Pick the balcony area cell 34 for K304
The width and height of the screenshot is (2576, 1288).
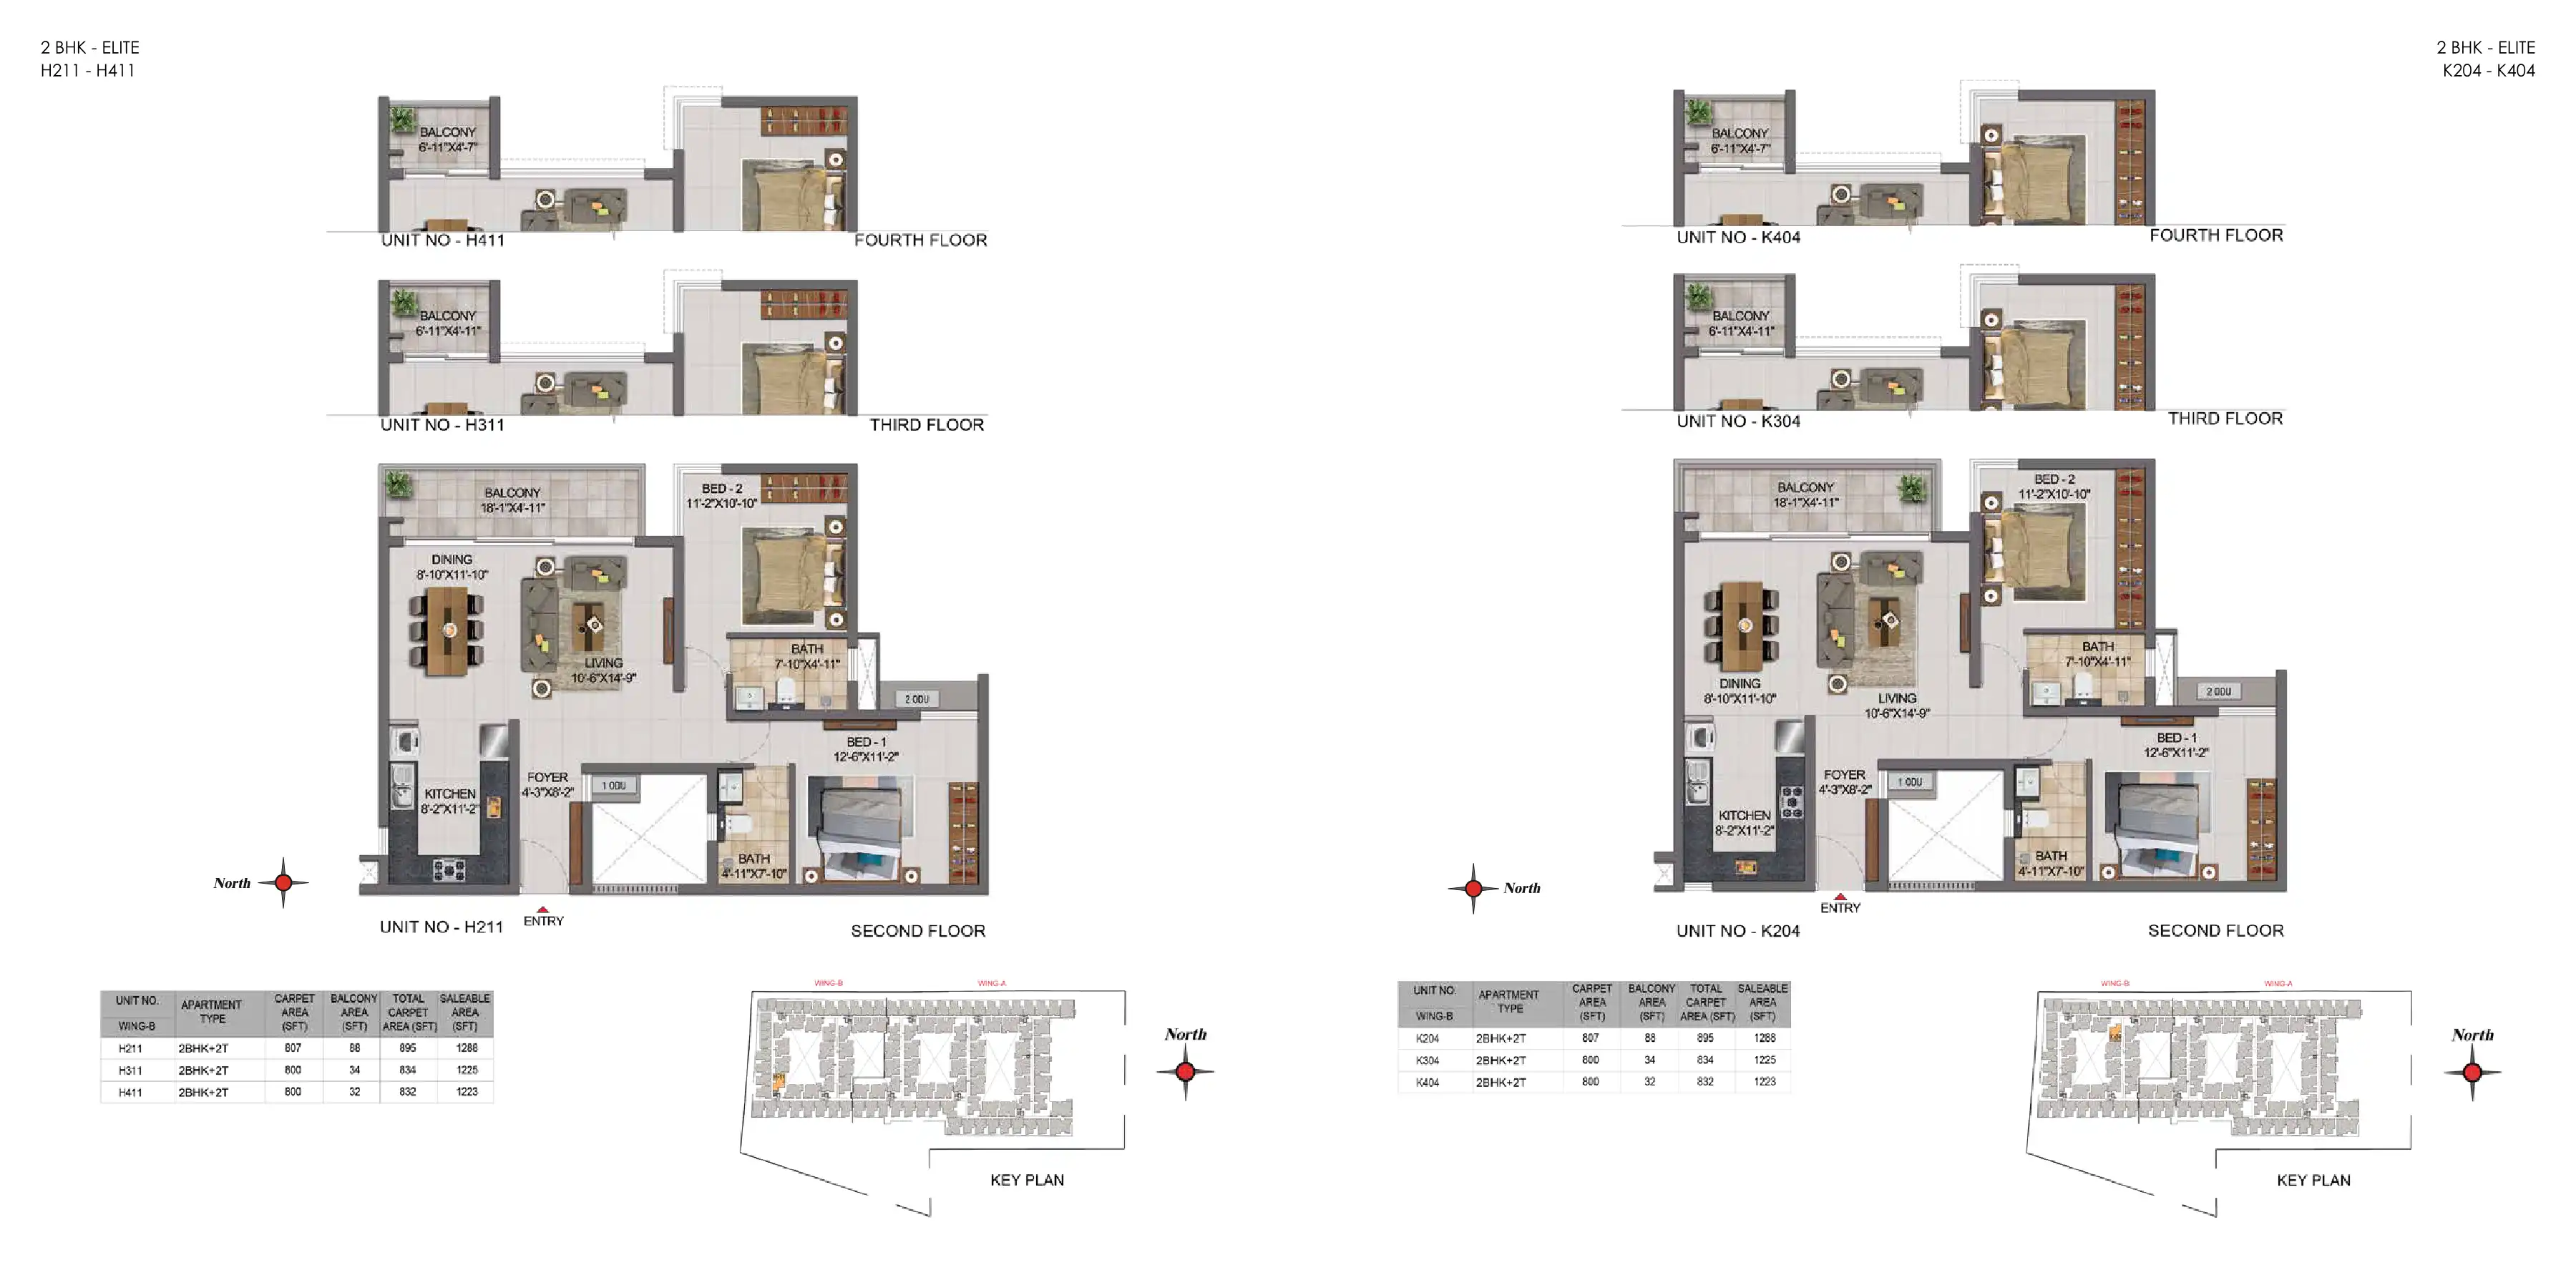tap(1650, 1060)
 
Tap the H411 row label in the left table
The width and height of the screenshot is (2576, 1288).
tap(130, 1092)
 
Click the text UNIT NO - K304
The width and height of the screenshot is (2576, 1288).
tap(1738, 421)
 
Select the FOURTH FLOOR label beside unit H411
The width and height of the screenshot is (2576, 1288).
tap(920, 240)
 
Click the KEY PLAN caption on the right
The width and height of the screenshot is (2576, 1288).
tap(2313, 1180)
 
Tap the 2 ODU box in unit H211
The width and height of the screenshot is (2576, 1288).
tap(917, 699)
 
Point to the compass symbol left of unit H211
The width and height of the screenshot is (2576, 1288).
tap(283, 882)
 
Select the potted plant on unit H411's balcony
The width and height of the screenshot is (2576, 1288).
tap(402, 119)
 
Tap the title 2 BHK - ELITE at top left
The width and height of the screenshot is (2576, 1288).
tap(90, 47)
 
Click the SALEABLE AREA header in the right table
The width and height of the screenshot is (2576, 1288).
tap(1762, 1002)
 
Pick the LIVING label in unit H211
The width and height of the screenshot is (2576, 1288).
tap(603, 670)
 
